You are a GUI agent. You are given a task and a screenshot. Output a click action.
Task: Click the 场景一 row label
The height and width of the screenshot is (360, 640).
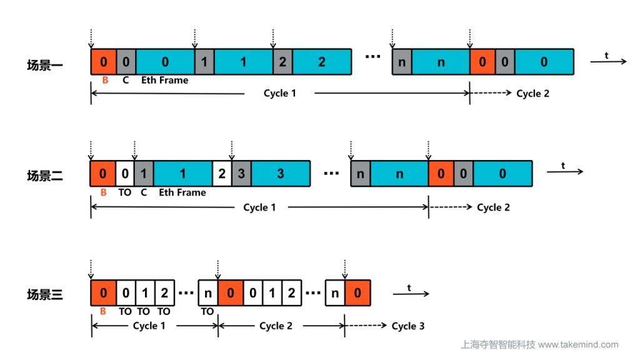(x=44, y=64)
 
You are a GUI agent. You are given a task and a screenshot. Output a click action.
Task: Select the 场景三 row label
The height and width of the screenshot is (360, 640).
(x=44, y=294)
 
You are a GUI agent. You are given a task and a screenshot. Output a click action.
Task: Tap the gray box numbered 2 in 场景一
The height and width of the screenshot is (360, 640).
(x=282, y=62)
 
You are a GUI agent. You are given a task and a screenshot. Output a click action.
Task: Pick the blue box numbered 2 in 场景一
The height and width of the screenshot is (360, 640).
(x=322, y=62)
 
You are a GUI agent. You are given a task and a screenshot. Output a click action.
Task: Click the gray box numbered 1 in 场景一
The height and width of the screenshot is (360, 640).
(x=204, y=62)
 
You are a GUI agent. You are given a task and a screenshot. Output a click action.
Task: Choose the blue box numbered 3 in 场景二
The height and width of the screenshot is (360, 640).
(x=281, y=174)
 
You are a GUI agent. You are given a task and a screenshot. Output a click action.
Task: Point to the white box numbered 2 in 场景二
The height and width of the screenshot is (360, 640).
(x=222, y=174)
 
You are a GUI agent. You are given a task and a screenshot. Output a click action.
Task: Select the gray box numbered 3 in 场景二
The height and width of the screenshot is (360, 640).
(x=241, y=174)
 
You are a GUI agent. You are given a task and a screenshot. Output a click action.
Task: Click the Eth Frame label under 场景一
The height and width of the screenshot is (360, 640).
(x=164, y=80)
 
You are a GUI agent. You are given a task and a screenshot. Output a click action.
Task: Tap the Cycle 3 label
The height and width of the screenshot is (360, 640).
(x=408, y=326)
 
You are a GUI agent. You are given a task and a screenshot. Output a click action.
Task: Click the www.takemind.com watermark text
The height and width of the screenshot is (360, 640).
(x=578, y=344)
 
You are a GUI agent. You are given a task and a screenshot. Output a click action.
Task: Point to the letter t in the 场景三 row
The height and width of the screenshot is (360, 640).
(x=409, y=288)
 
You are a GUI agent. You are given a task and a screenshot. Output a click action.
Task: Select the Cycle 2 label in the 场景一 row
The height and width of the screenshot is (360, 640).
(x=532, y=94)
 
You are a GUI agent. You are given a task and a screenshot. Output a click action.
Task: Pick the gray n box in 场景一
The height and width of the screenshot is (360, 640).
(x=402, y=62)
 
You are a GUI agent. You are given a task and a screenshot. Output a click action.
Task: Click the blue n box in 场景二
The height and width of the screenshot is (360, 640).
(x=399, y=174)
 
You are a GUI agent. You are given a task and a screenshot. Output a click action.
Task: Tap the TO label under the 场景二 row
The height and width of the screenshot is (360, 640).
(x=125, y=192)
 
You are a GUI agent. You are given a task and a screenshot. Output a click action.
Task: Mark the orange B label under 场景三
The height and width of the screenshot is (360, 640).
(x=104, y=311)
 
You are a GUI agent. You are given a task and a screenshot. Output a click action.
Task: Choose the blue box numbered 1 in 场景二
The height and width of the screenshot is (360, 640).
(x=183, y=174)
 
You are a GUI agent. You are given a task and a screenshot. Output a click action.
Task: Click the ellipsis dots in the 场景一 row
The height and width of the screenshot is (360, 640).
(x=372, y=57)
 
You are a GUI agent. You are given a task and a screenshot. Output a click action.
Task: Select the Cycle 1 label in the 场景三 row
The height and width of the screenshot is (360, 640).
(x=149, y=326)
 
